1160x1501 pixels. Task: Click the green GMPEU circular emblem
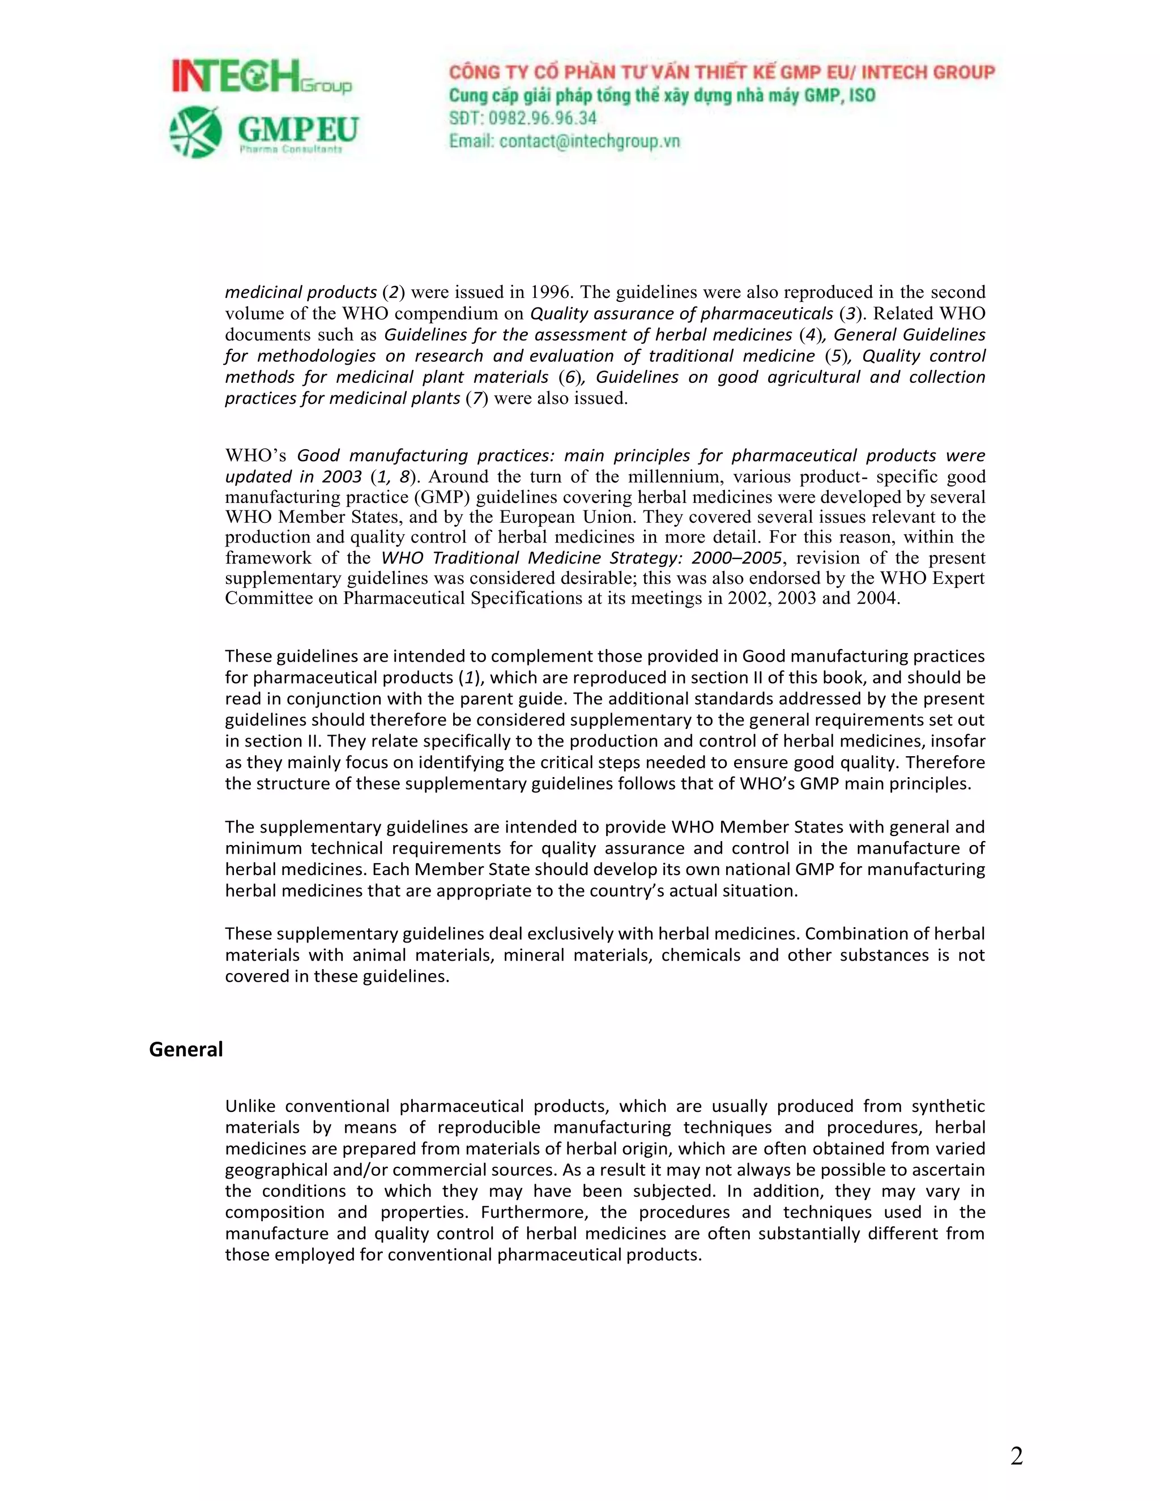click(196, 131)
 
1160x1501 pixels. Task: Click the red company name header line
click(722, 72)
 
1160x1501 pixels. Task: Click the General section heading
click(186, 1049)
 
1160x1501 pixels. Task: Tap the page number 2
click(1016, 1456)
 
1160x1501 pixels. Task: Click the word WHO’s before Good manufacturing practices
click(255, 455)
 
